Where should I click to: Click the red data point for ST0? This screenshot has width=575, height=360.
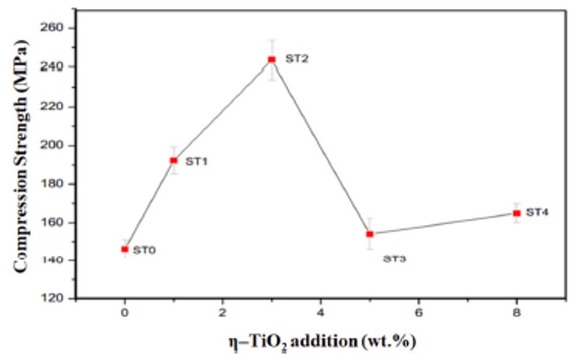[125, 249]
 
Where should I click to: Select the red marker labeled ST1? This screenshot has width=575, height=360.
[174, 160]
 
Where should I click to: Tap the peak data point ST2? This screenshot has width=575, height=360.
[271, 60]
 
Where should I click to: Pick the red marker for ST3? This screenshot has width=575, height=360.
[370, 234]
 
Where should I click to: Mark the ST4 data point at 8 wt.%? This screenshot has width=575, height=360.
[516, 213]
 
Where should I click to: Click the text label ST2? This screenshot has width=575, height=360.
[296, 59]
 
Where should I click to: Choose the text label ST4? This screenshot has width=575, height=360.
[537, 212]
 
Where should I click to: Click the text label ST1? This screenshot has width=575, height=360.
[196, 161]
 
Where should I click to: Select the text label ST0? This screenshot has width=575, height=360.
[144, 251]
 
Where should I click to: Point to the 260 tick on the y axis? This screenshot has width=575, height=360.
[56, 28]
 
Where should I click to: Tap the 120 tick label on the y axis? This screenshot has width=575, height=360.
[56, 299]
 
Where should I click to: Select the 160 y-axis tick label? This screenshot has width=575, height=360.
[56, 222]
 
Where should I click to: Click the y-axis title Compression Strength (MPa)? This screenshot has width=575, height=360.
[22, 158]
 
